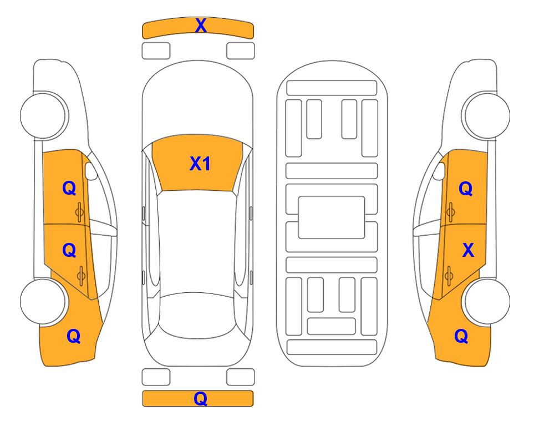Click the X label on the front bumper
[x=201, y=26]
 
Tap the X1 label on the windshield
[x=200, y=164]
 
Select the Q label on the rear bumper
[x=201, y=399]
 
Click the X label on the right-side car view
[x=469, y=251]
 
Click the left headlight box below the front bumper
[x=156, y=50]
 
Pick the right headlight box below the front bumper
[x=241, y=50]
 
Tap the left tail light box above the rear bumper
[x=156, y=377]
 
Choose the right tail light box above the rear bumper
[x=241, y=377]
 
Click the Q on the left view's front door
[x=69, y=189]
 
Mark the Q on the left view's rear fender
[x=73, y=336]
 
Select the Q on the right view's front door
[x=466, y=189]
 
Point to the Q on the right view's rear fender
[x=461, y=336]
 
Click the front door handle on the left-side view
[x=80, y=211]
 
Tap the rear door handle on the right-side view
[x=450, y=274]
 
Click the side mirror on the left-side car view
[x=91, y=172]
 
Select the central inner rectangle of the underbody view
[x=332, y=217]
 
